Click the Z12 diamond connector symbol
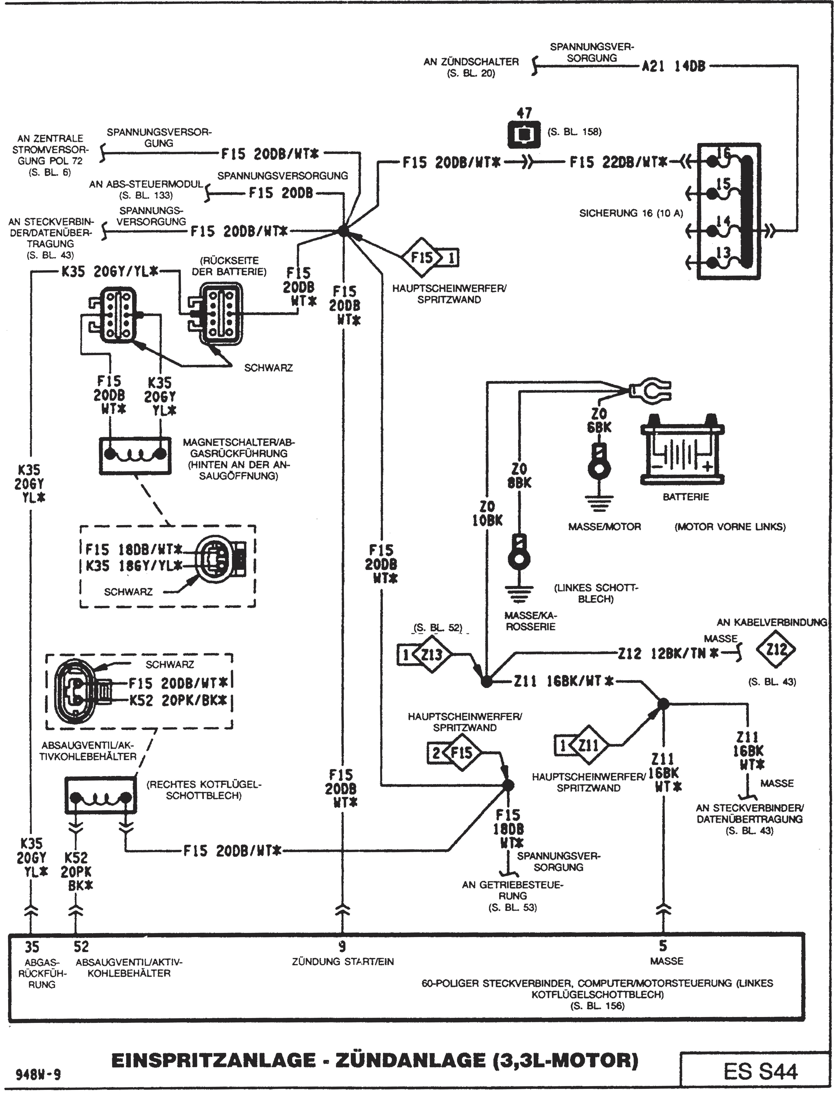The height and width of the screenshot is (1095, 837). coord(776,649)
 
